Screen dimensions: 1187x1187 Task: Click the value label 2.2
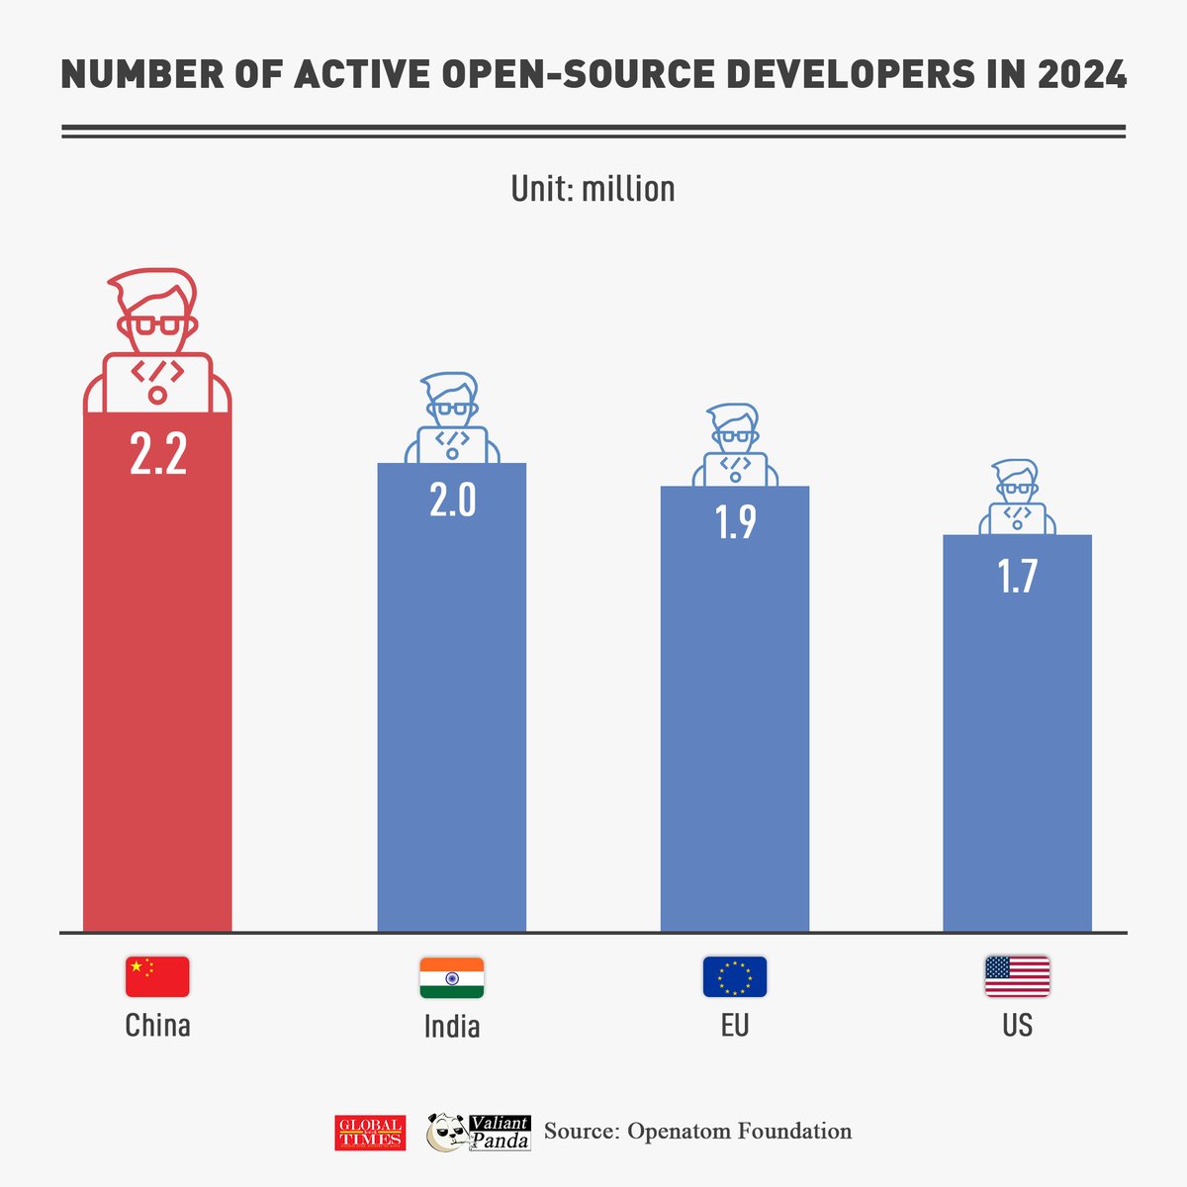(x=158, y=455)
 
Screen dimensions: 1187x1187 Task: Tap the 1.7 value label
(x=1017, y=576)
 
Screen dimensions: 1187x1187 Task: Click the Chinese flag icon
(x=157, y=976)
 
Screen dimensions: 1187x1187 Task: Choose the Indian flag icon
(x=451, y=977)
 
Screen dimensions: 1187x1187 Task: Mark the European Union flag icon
(x=734, y=977)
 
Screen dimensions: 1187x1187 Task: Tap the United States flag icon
(x=1017, y=976)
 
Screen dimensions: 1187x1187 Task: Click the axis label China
(x=157, y=1025)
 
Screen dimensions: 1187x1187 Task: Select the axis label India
(x=452, y=1026)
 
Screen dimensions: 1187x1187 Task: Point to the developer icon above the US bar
(x=1017, y=498)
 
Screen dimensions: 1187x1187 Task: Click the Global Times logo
(x=369, y=1133)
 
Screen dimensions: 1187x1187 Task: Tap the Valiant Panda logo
(x=479, y=1133)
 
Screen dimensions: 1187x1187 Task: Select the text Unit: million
(x=593, y=188)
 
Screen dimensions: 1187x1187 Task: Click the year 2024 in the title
(x=1081, y=75)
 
